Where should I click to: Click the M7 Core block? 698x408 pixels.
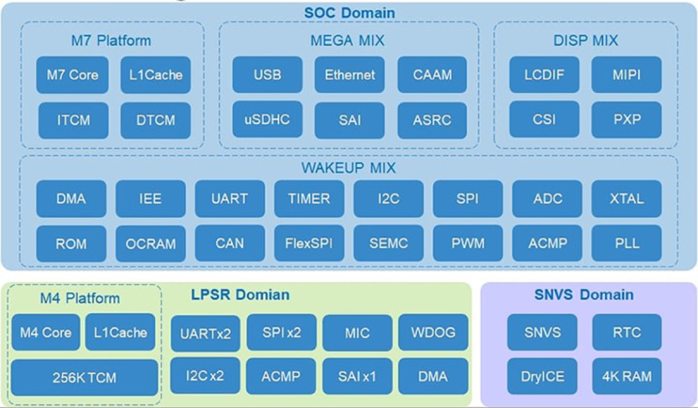point(72,75)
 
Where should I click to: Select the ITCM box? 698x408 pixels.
point(72,120)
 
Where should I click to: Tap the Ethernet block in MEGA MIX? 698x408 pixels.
point(350,75)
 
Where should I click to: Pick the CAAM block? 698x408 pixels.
point(432,75)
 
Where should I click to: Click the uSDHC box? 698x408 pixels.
point(267,119)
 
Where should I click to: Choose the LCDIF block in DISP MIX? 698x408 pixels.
point(544,75)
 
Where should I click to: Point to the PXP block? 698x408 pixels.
point(626,119)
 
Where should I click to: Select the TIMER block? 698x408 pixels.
point(309,199)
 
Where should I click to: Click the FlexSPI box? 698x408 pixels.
point(309,243)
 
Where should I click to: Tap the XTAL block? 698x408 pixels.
point(626,199)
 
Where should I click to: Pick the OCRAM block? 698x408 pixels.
point(151,243)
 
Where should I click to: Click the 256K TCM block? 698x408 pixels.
point(84,378)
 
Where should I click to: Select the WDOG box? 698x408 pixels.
point(433,333)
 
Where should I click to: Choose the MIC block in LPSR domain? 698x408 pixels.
point(357,333)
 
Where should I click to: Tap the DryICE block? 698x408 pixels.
point(542,376)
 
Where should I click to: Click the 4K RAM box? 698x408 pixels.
point(626,376)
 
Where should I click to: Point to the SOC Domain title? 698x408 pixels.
point(350,12)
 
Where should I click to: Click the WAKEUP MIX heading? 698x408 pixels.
point(348,168)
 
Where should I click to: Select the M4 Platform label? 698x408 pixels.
point(80,298)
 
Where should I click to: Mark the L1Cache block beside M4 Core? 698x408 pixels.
point(120,332)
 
